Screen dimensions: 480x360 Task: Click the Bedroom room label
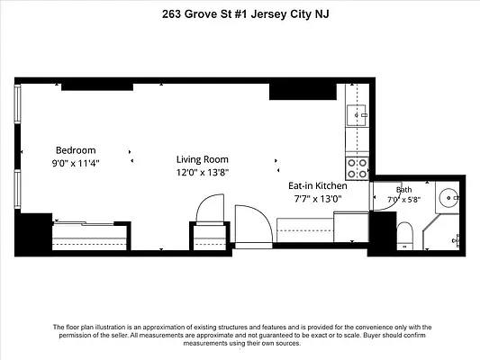(x=76, y=150)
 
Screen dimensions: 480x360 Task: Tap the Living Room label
(x=203, y=159)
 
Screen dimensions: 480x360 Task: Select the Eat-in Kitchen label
(x=318, y=185)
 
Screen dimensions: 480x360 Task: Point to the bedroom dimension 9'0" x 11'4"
(x=76, y=163)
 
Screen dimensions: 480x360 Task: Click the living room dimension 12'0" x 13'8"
(x=203, y=173)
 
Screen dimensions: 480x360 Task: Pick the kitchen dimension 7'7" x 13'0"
(x=318, y=199)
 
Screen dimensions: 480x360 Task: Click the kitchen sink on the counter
(x=357, y=115)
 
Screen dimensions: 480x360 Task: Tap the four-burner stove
(x=357, y=168)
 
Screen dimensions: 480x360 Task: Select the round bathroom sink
(x=448, y=198)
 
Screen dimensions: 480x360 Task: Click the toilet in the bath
(x=404, y=236)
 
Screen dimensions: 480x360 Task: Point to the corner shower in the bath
(x=440, y=232)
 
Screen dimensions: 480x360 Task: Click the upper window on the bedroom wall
(x=18, y=103)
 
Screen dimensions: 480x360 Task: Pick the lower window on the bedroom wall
(x=18, y=189)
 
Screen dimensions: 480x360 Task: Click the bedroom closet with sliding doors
(x=89, y=236)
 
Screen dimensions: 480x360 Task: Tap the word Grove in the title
(x=201, y=14)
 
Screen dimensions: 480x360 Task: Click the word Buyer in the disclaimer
(x=372, y=335)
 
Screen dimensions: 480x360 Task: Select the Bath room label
(x=403, y=190)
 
